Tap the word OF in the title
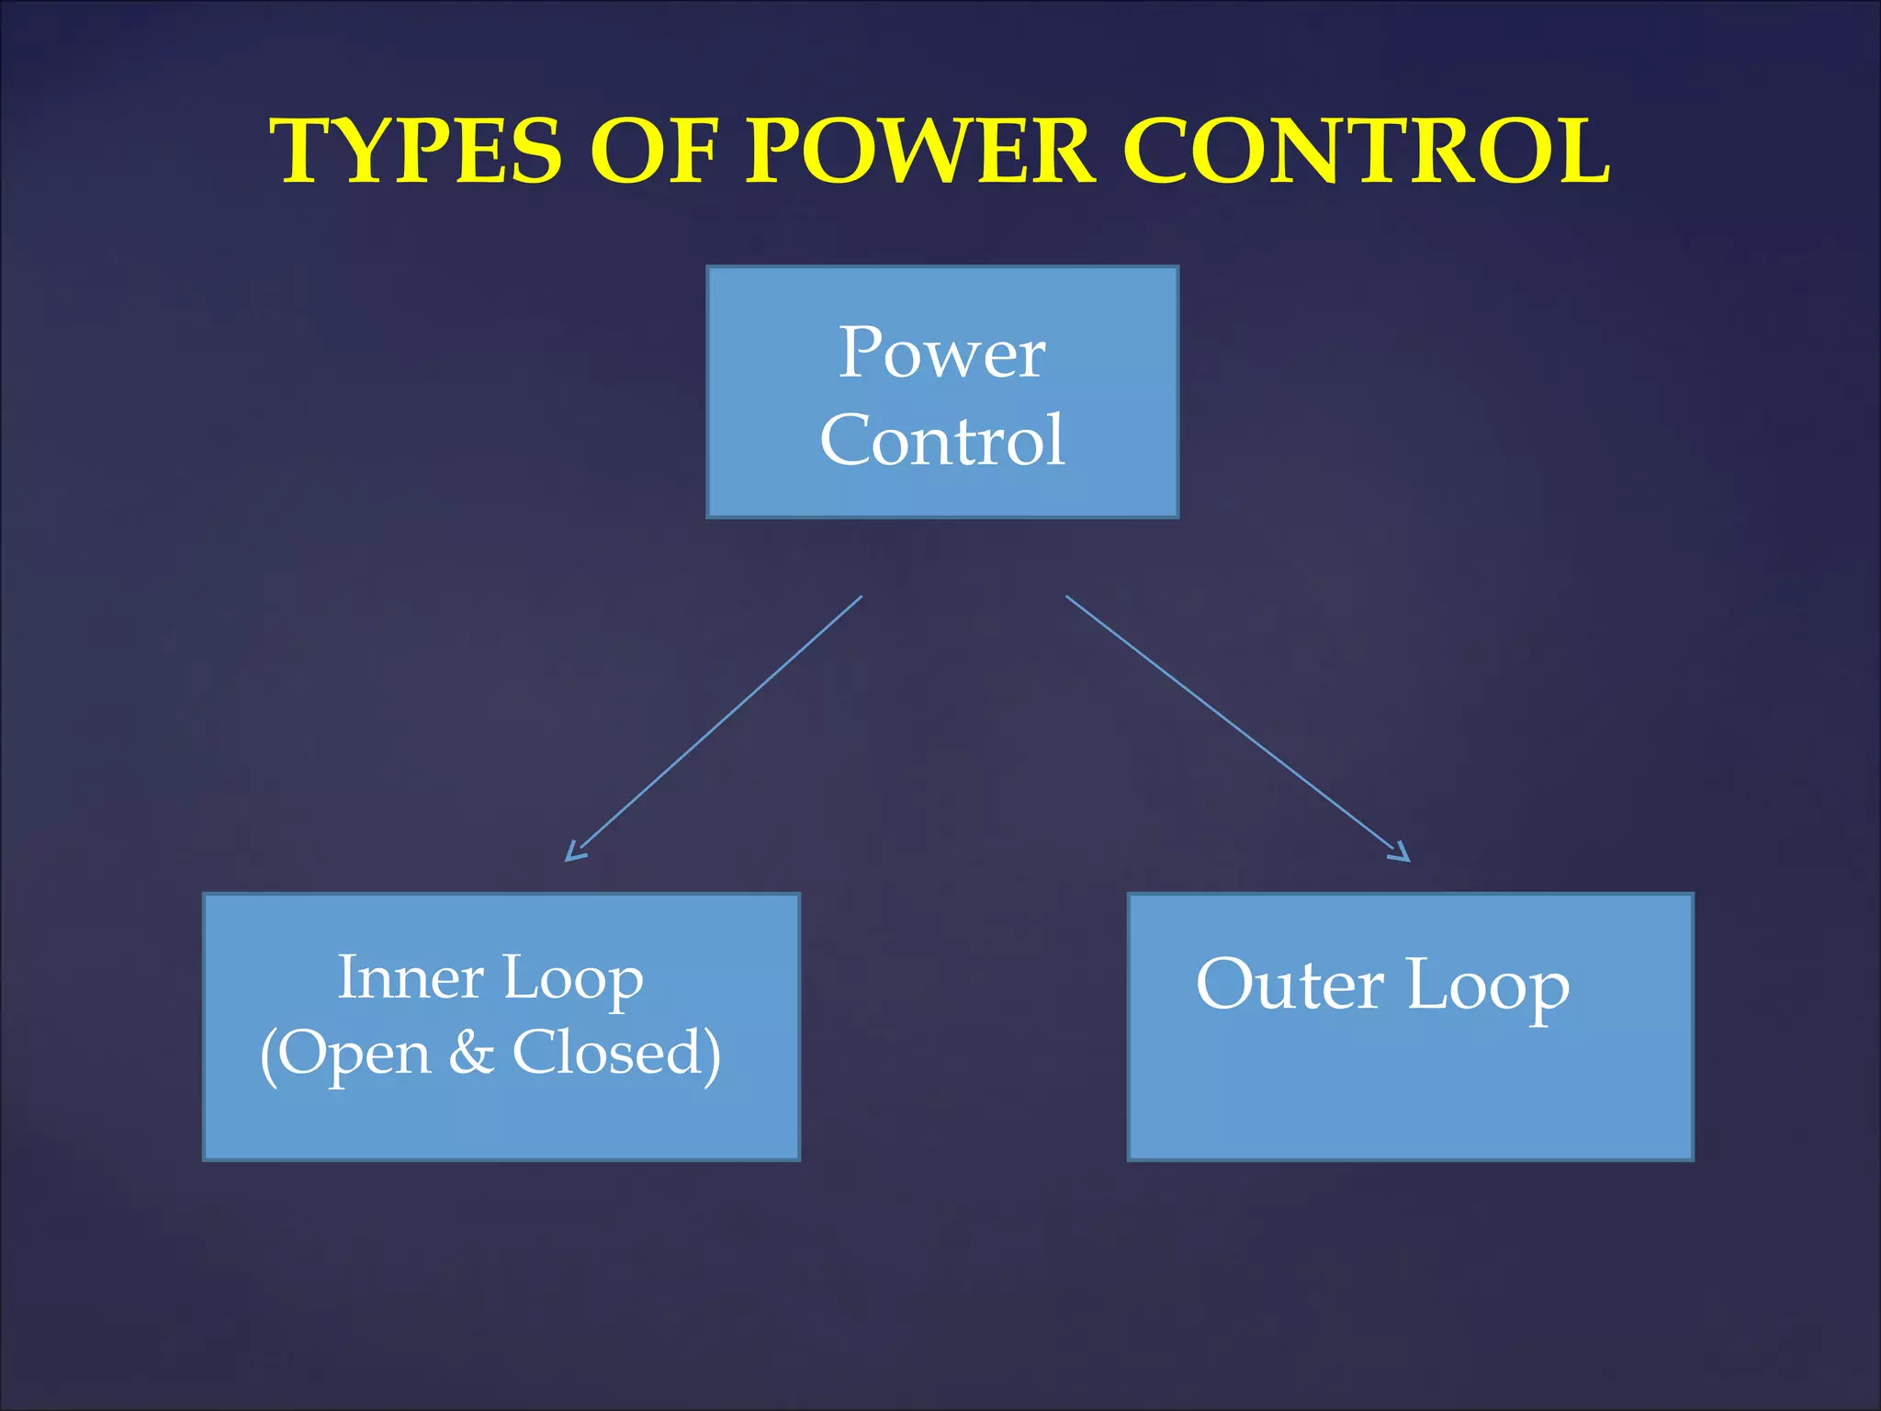(652, 152)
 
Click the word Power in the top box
(942, 354)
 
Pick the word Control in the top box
(942, 441)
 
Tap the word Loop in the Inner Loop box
(573, 979)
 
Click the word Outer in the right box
(1290, 985)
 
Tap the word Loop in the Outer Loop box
(1488, 987)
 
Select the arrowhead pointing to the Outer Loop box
(1400, 853)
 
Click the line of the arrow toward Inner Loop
(721, 721)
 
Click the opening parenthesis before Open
(268, 1055)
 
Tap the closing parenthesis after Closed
(712, 1055)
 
